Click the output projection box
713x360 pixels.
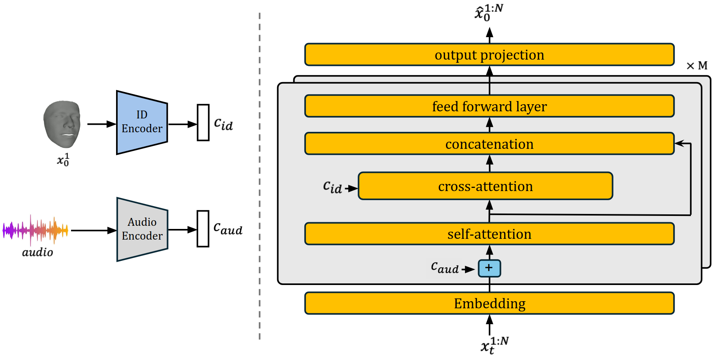[489, 55]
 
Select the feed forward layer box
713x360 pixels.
[489, 106]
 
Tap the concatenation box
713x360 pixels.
[489, 144]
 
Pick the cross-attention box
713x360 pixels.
[485, 186]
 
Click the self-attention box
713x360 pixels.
[489, 234]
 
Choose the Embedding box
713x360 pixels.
[489, 303]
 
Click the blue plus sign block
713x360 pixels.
[489, 268]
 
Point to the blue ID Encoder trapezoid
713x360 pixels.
[142, 122]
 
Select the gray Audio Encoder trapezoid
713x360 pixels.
[142, 229]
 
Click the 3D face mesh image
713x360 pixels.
[62, 124]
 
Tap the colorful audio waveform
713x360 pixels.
[36, 230]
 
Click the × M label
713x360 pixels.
[697, 66]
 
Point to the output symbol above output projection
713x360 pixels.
[488, 13]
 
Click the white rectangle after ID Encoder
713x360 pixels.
[203, 122]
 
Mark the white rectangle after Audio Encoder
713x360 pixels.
[203, 229]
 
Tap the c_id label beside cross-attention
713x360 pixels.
[332, 187]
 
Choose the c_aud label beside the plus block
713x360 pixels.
[445, 268]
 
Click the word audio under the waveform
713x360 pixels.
[38, 252]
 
